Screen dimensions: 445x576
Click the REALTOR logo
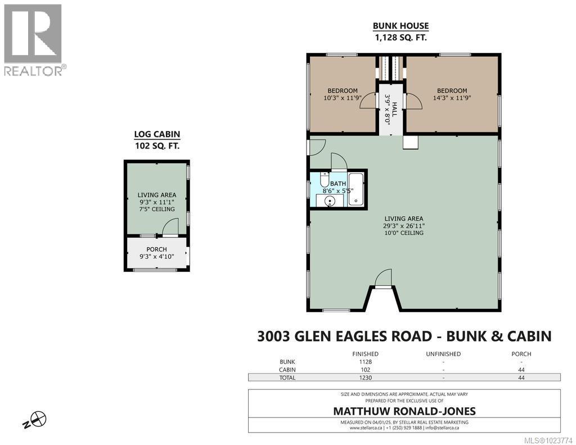click(33, 39)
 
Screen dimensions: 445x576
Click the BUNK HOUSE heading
click(401, 26)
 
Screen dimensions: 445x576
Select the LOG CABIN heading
click(156, 134)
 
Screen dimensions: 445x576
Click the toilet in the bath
click(325, 181)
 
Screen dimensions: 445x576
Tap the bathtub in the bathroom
click(355, 191)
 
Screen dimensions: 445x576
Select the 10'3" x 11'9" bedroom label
click(343, 97)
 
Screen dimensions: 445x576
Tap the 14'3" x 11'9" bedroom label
click(452, 97)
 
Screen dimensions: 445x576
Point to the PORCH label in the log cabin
click(156, 250)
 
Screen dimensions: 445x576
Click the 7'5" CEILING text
click(156, 209)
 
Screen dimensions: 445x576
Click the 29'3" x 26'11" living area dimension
click(404, 226)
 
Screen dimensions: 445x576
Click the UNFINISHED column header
click(443, 354)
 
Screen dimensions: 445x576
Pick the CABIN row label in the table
click(287, 370)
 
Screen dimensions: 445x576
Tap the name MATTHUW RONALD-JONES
click(404, 411)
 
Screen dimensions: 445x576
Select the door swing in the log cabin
click(170, 227)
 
